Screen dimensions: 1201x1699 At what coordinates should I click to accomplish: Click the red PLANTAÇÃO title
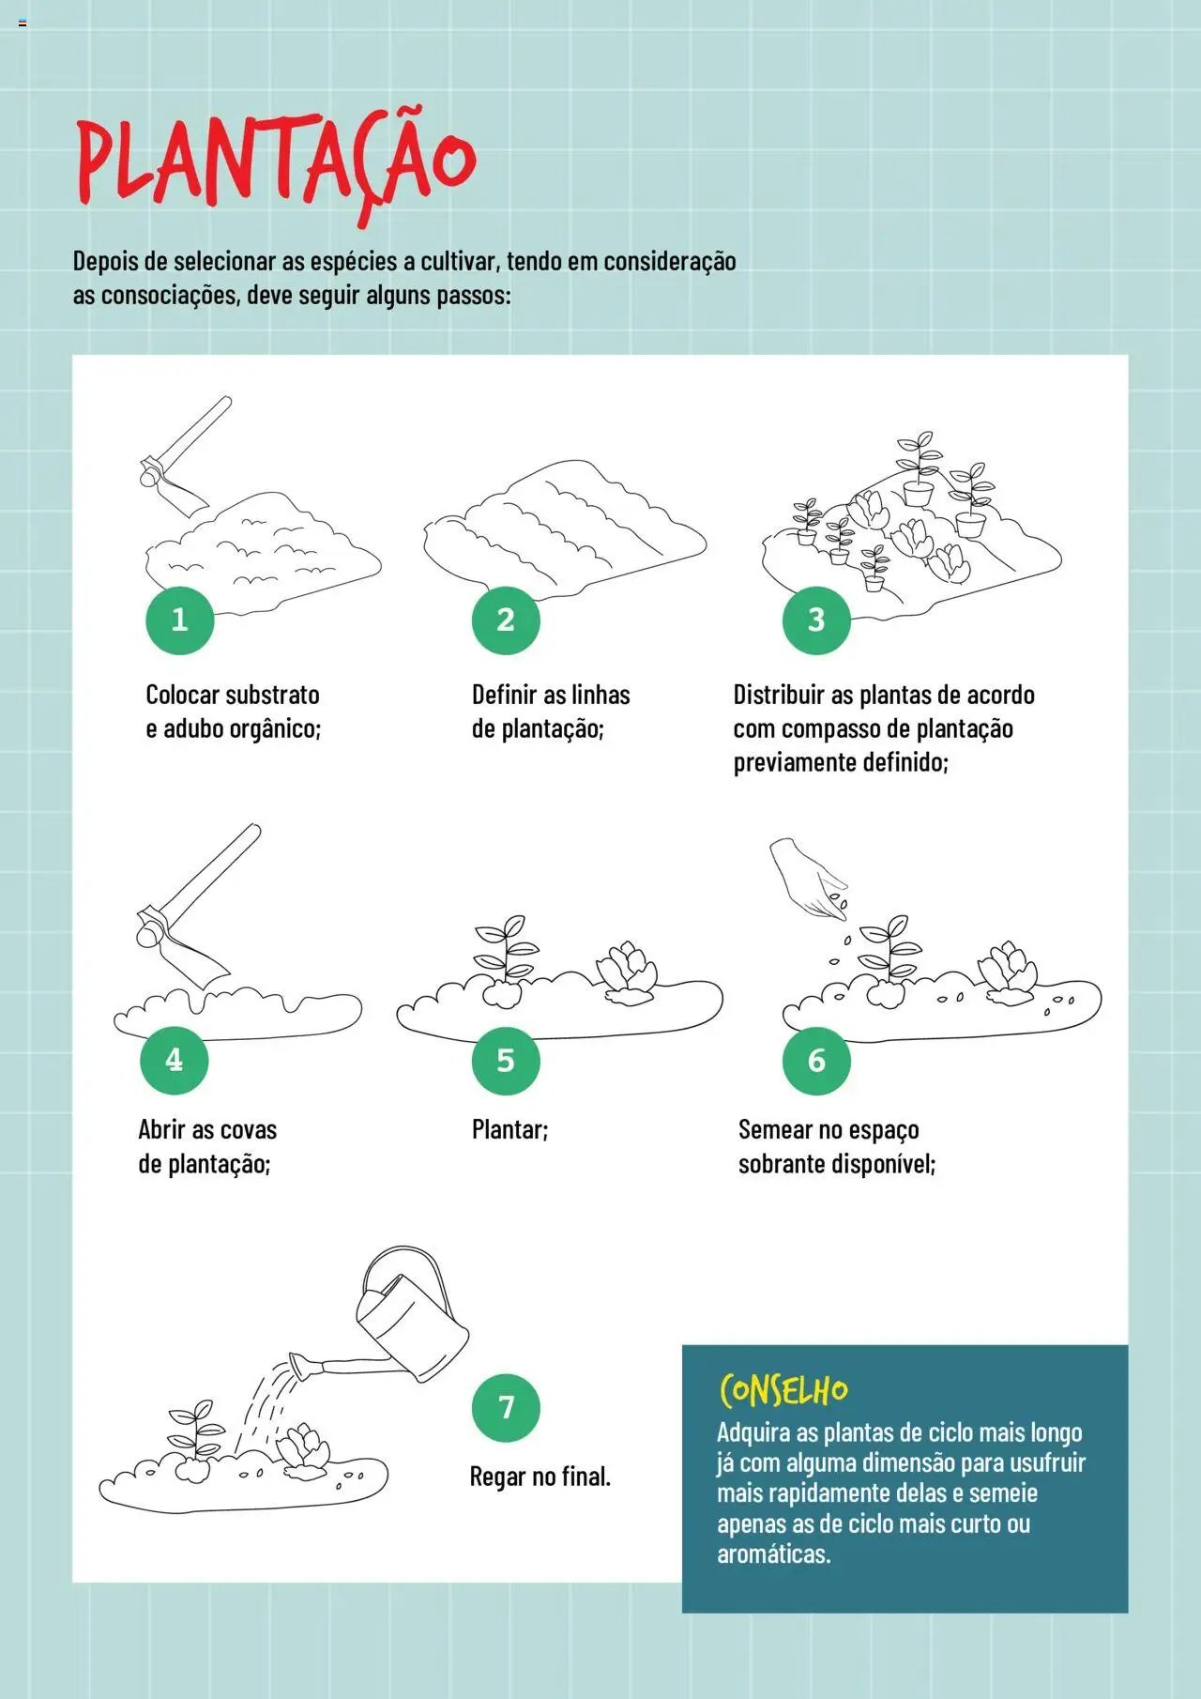[x=276, y=163]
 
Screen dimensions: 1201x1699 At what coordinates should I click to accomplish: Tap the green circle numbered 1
[x=180, y=620]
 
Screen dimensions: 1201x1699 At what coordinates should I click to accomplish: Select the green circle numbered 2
[x=506, y=620]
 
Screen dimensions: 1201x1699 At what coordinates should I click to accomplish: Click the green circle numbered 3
[x=816, y=620]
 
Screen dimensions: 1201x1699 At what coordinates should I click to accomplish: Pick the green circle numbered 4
[x=175, y=1060]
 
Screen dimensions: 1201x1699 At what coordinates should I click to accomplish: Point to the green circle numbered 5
[x=506, y=1060]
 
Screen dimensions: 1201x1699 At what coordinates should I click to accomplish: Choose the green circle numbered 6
[x=816, y=1060]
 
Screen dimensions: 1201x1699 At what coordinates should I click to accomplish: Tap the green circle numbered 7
[x=506, y=1407]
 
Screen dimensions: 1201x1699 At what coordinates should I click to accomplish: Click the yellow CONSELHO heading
[x=783, y=1390]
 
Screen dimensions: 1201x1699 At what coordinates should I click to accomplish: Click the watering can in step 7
[x=394, y=1319]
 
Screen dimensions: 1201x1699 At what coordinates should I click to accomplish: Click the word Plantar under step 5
[x=509, y=1129]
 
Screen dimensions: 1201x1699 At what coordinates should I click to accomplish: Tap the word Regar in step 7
[x=497, y=1477]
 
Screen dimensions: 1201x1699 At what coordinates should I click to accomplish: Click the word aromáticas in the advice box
[x=774, y=1554]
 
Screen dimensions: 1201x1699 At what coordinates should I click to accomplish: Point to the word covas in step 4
[x=250, y=1129]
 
